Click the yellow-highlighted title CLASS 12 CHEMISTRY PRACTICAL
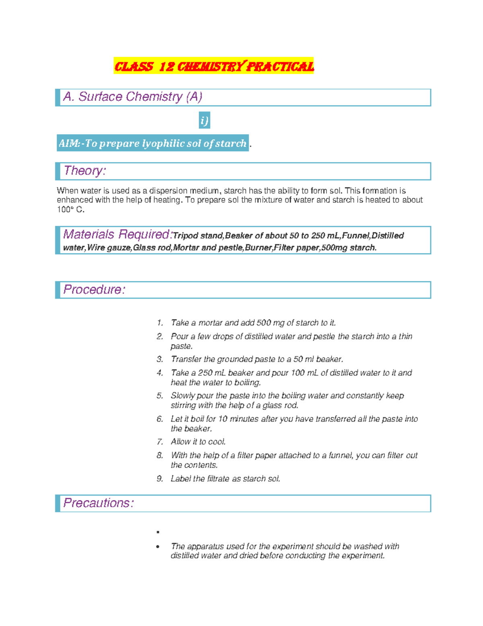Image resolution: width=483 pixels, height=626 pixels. tap(214, 66)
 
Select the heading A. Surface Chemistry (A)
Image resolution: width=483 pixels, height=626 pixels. tap(132, 97)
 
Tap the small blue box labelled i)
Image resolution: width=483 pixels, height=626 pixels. tap(204, 120)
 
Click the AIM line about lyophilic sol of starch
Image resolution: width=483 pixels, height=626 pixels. tap(153, 143)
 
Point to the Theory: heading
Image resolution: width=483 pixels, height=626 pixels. tap(85, 171)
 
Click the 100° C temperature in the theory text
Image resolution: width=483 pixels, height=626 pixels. tap(70, 210)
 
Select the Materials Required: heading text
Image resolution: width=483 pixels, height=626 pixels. tap(118, 234)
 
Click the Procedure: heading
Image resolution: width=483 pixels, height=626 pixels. tap(94, 289)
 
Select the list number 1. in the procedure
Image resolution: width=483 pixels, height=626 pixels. tap(160, 323)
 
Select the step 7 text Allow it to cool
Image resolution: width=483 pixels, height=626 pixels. tap(198, 442)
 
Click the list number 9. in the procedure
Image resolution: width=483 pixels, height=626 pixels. tap(160, 479)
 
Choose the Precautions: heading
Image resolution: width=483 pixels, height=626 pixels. tap(98, 503)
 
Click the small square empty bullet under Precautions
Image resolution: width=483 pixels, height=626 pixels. tap(158, 532)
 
